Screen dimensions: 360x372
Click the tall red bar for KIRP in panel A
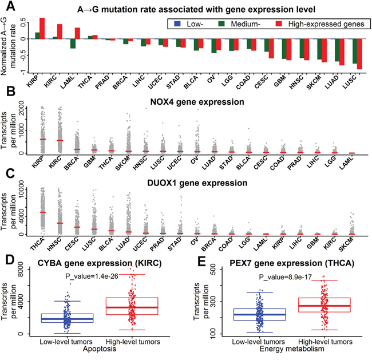pos(42,28)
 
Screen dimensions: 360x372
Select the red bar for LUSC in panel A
pos(359,54)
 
